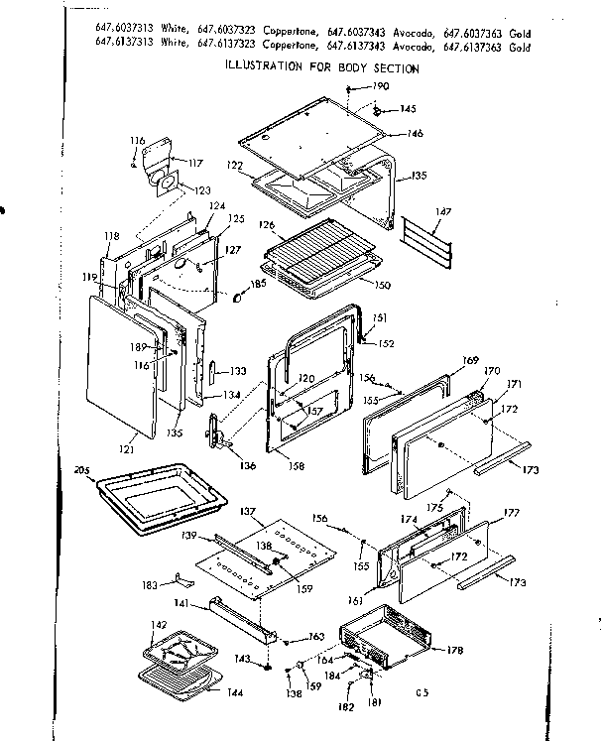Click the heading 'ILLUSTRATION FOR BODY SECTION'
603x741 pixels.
(x=322, y=68)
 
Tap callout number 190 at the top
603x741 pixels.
(x=380, y=87)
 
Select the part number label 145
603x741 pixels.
(x=408, y=109)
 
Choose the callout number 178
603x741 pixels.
(x=455, y=650)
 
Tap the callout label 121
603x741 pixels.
(x=127, y=449)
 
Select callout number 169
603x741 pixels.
(x=471, y=360)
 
